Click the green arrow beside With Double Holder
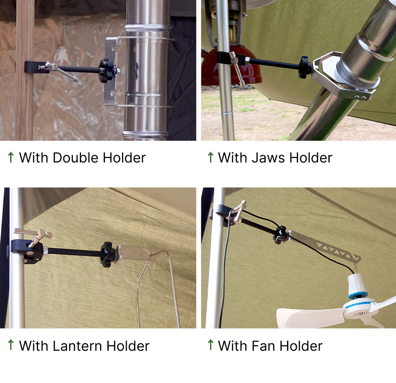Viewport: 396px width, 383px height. [x=11, y=157]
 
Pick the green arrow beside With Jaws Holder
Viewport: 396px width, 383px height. [x=210, y=157]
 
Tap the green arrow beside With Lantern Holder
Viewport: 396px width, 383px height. [x=11, y=345]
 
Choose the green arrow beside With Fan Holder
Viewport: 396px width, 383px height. [x=210, y=345]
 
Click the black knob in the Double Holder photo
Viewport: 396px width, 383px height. [x=106, y=71]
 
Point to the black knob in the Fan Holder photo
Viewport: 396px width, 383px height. [x=280, y=235]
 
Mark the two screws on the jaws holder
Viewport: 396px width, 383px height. [x=360, y=98]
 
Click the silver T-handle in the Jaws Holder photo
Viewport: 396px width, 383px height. [x=237, y=68]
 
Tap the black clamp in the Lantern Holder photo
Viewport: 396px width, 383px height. [x=27, y=252]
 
